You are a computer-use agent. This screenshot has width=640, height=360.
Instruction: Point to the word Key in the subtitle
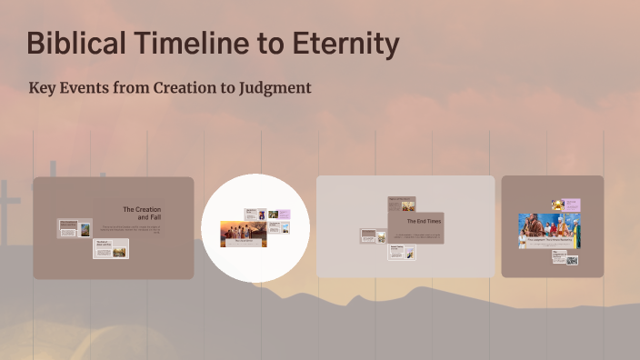coord(45,88)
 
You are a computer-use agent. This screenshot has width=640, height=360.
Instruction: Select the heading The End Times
coord(423,221)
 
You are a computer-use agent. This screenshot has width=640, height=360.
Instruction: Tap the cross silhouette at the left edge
coord(8,204)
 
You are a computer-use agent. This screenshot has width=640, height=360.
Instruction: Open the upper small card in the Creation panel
coord(75,229)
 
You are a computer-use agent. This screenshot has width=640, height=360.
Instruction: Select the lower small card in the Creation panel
coord(110,248)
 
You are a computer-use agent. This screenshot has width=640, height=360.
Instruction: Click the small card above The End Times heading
coord(402,204)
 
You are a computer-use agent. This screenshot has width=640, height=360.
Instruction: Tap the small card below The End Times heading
coord(402,252)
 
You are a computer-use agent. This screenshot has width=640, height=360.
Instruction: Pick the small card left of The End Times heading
coord(373,235)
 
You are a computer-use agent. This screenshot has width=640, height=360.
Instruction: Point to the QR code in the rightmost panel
coord(571,261)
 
